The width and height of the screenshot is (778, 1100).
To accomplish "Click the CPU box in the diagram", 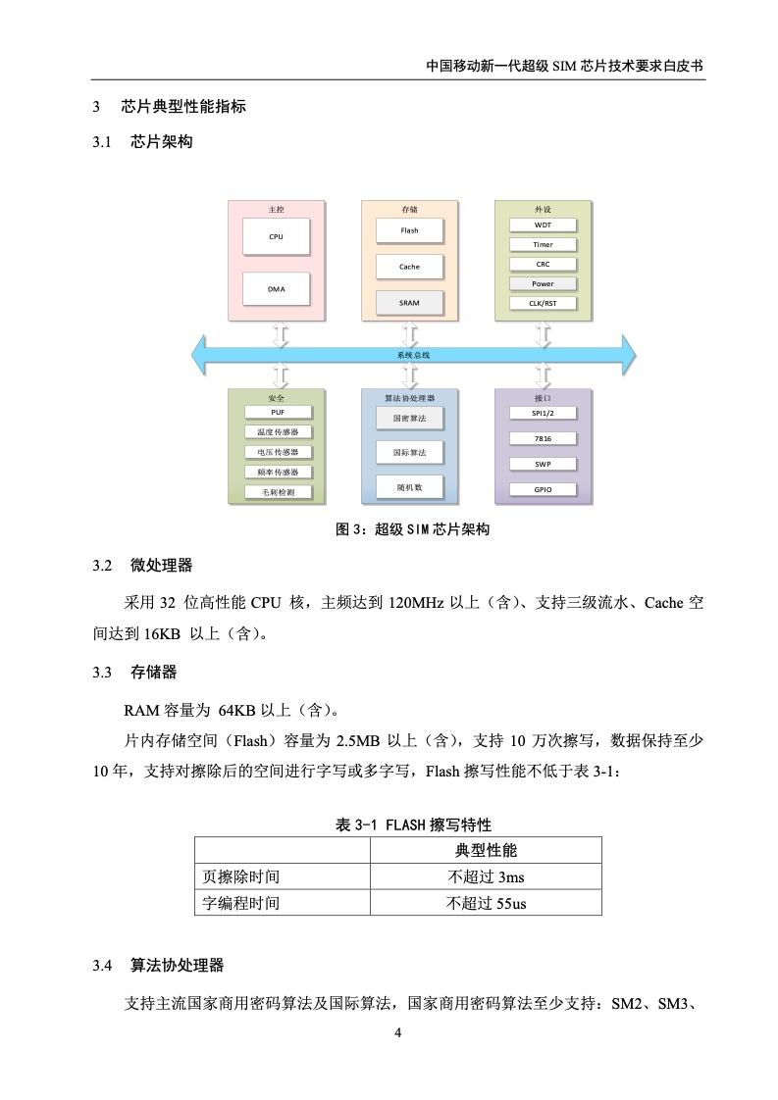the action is [x=276, y=236].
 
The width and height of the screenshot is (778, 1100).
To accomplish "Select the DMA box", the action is [x=276, y=289].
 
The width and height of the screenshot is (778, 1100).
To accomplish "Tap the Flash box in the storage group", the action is [x=409, y=230].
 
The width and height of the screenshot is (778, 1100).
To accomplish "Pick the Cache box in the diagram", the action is [x=409, y=267].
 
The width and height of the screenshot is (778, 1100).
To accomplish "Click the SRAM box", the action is [x=409, y=303].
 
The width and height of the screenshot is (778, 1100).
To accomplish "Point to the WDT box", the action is [x=543, y=225].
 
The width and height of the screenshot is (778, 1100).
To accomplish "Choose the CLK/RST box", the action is [x=543, y=304].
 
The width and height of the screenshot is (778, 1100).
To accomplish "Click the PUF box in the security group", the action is [x=278, y=413].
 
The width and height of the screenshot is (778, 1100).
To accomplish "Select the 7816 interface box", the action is [x=543, y=438].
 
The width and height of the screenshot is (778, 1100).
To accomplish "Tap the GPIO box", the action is [x=543, y=489].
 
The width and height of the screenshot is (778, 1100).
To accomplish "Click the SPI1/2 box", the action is [x=543, y=413].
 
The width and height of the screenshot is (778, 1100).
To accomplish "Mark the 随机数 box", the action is [x=409, y=487].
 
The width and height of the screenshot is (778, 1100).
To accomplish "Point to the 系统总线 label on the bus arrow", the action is [x=414, y=355].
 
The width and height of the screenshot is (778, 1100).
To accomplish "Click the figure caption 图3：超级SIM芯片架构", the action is [x=412, y=529].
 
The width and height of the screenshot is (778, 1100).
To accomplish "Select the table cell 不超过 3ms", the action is [x=486, y=876].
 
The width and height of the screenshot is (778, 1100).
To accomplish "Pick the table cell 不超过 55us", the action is [x=486, y=904].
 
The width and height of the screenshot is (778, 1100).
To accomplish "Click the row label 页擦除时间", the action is [x=240, y=876].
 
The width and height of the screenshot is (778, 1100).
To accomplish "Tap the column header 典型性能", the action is [x=486, y=850].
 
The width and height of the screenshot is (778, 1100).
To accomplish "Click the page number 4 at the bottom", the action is [x=398, y=1032].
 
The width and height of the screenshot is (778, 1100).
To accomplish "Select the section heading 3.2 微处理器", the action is [x=142, y=566].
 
